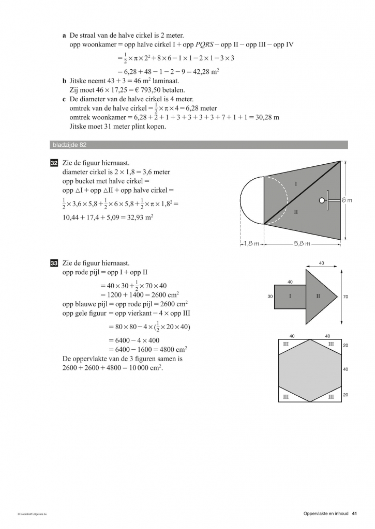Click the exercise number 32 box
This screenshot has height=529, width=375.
click(54, 164)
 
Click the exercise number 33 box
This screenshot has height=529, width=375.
click(54, 263)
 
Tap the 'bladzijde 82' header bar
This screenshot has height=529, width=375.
click(199, 145)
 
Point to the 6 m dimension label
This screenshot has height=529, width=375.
click(347, 200)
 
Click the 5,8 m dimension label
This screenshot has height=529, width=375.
click(302, 244)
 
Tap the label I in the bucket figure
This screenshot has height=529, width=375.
click(296, 184)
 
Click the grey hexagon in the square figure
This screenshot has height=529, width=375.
click(310, 369)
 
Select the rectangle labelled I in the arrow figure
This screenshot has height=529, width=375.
click(290, 297)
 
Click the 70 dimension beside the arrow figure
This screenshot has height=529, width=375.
click(346, 297)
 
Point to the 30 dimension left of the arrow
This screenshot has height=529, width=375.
click(270, 297)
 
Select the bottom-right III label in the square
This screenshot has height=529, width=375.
click(331, 396)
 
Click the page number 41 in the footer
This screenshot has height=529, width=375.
click(354, 513)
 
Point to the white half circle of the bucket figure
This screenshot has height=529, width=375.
click(251, 200)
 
